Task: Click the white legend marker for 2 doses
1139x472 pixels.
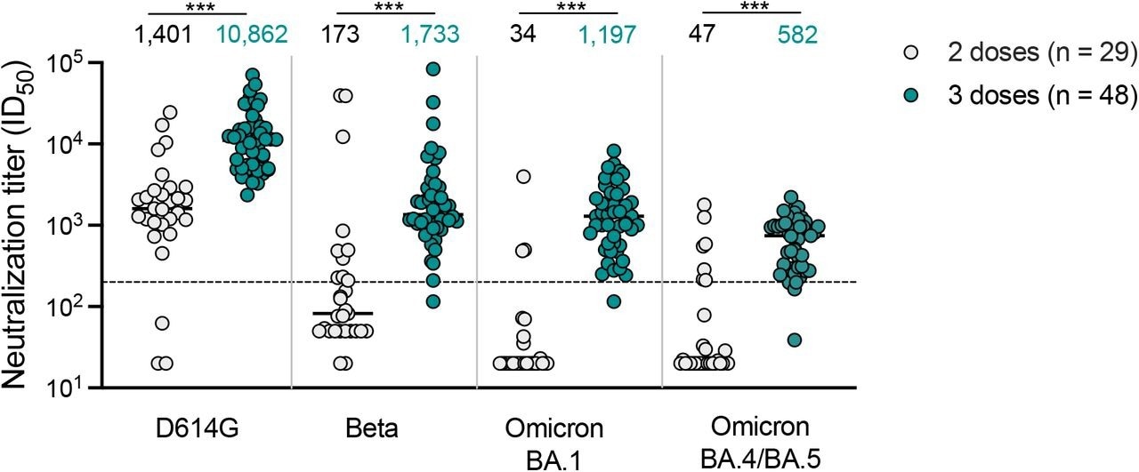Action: pyautogui.click(x=900, y=54)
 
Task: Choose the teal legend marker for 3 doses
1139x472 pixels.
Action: pyautogui.click(x=900, y=97)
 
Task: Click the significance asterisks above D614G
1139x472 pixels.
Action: pyautogui.click(x=197, y=8)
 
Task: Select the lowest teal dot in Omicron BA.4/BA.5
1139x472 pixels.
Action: pyautogui.click(x=795, y=340)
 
